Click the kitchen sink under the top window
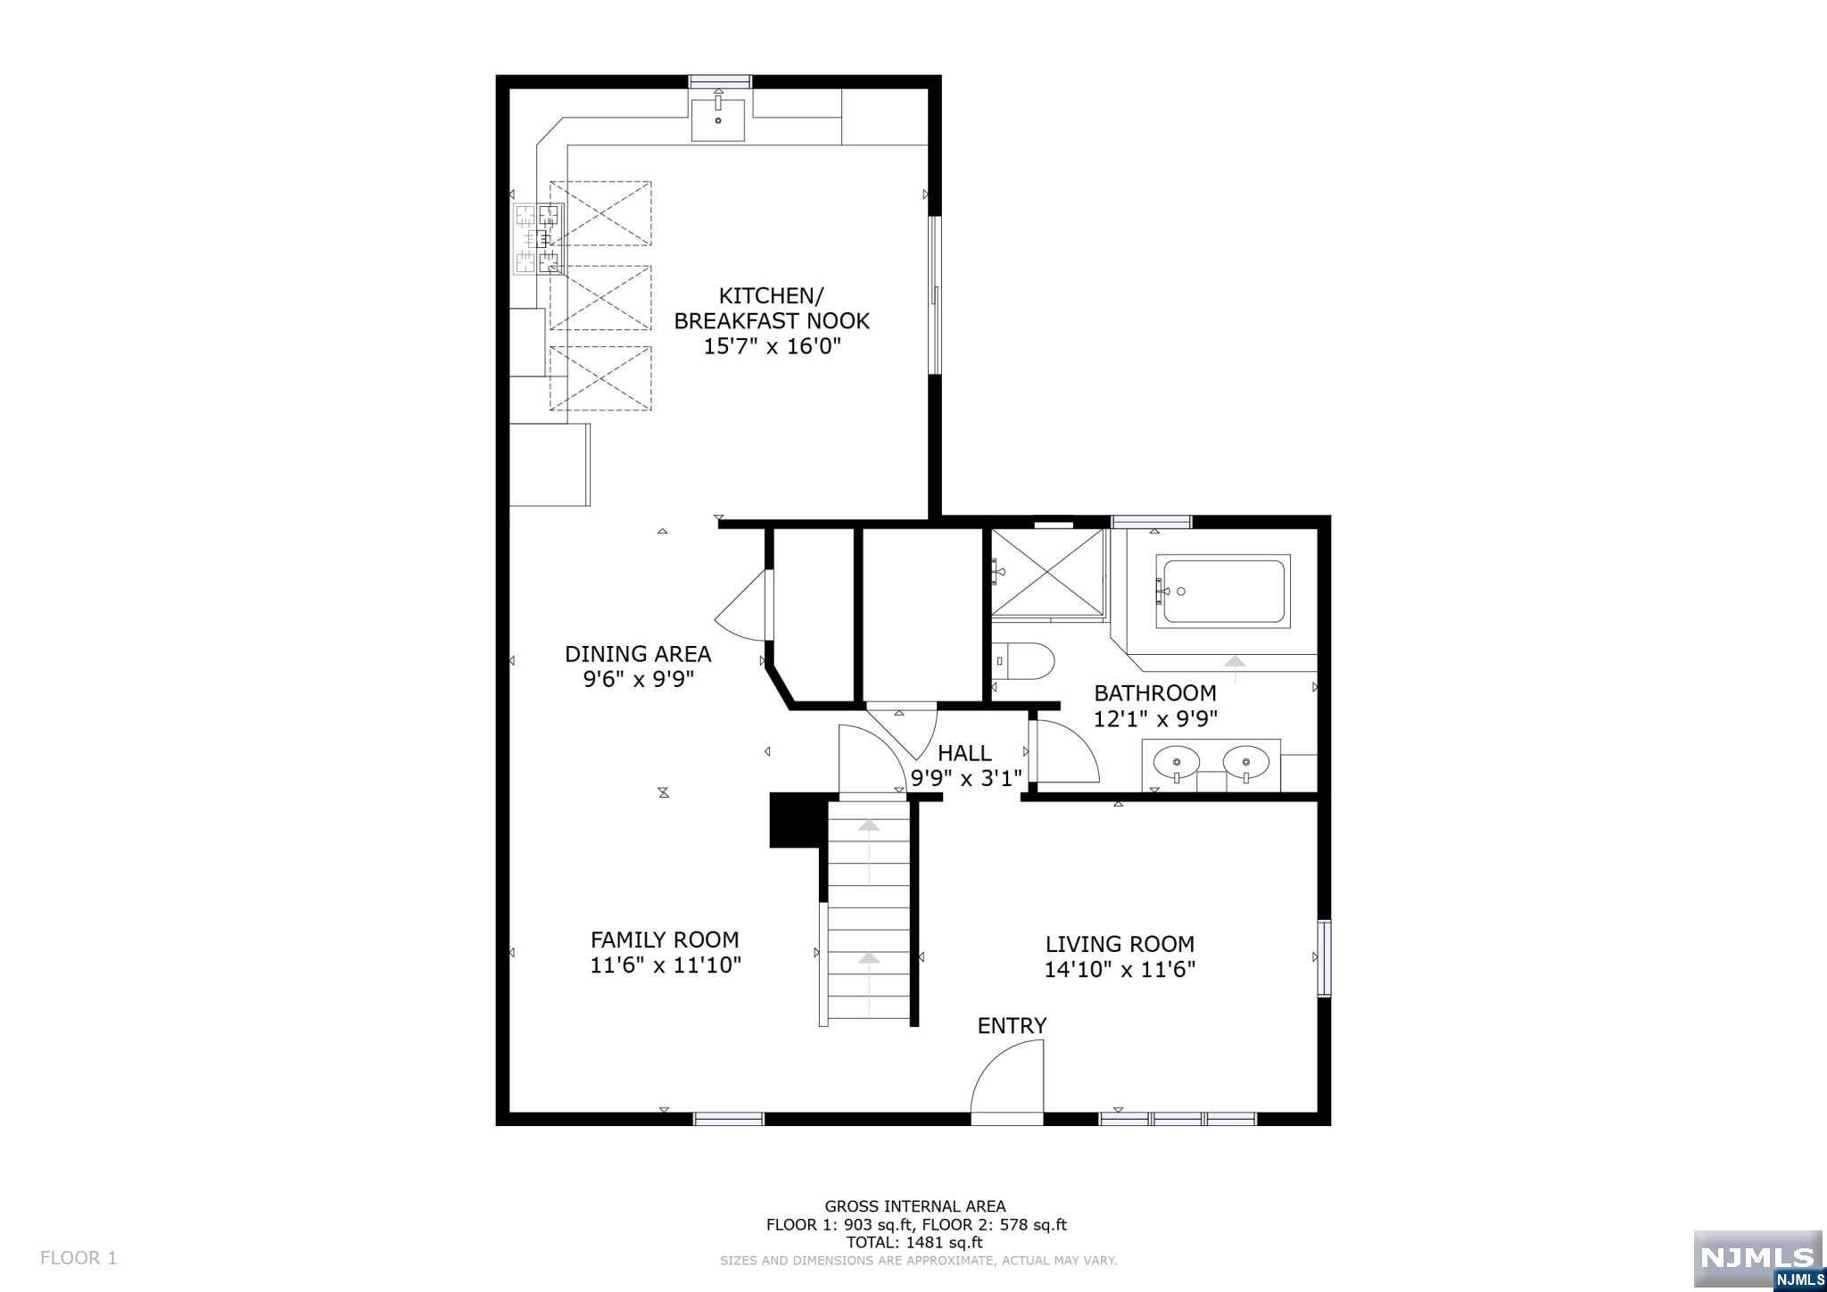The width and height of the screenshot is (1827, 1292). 718,120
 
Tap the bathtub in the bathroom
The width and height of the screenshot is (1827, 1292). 1222,591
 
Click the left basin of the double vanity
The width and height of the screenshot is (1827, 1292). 1177,763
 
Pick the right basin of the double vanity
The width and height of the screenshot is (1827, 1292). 1245,763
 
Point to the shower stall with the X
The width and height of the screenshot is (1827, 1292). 1048,572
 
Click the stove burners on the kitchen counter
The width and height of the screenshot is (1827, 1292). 539,238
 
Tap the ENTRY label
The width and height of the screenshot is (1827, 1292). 1012,1026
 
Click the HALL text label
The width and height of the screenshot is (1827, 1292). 964,753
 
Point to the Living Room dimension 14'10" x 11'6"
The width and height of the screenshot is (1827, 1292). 1120,970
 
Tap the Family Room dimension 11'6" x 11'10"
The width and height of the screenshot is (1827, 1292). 665,965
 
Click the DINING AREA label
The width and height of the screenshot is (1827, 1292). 638,654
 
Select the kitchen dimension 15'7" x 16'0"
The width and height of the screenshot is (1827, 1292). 773,346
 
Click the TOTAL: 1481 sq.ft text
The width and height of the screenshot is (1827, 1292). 914,1242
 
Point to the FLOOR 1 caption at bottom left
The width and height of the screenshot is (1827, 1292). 79,1258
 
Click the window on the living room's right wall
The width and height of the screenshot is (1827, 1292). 1325,957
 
